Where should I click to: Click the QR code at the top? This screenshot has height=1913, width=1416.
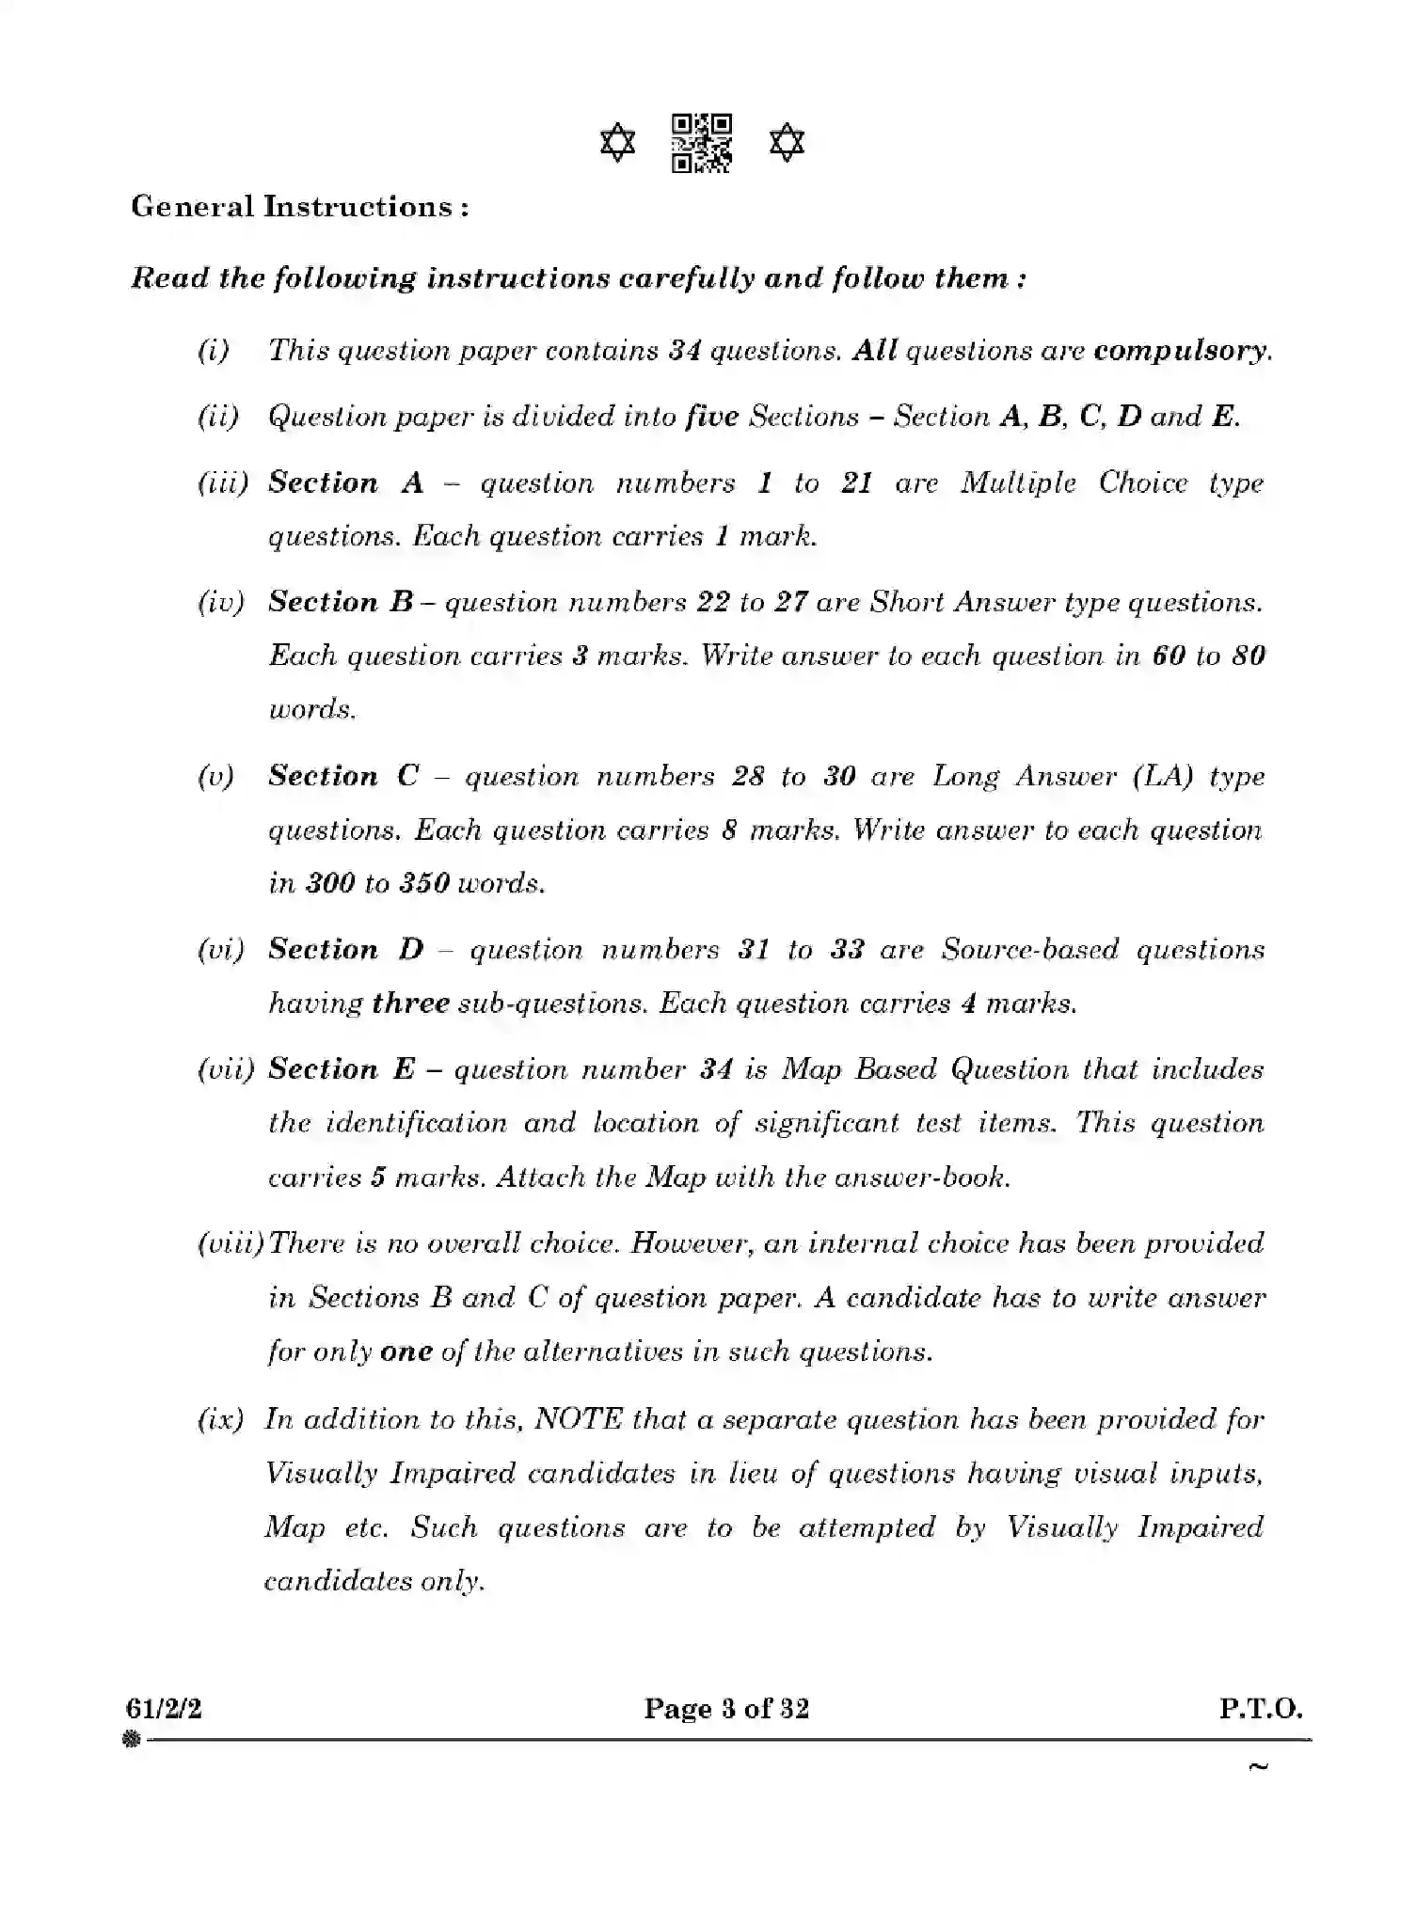pyautogui.click(x=702, y=143)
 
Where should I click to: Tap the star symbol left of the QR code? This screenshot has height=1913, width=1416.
pyautogui.click(x=617, y=144)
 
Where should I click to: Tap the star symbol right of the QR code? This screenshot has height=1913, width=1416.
pyautogui.click(x=787, y=144)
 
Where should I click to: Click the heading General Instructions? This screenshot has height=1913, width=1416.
pyautogui.click(x=299, y=207)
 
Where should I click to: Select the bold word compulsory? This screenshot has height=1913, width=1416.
pyautogui.click(x=1182, y=351)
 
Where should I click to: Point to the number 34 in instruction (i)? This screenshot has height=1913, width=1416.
pyautogui.click(x=685, y=351)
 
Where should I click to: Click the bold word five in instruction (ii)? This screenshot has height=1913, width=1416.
pyautogui.click(x=711, y=417)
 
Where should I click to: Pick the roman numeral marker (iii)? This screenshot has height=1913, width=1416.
pyautogui.click(x=223, y=483)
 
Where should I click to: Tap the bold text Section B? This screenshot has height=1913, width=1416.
pyautogui.click(x=341, y=602)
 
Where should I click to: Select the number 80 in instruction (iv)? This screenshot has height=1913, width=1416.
pyautogui.click(x=1248, y=656)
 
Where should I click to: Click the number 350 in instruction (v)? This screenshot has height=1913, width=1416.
pyautogui.click(x=424, y=884)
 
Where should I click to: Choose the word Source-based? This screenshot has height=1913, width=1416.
pyautogui.click(x=1029, y=950)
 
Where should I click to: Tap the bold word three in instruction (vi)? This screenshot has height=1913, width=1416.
pyautogui.click(x=410, y=1004)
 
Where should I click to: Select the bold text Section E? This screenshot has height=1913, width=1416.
pyautogui.click(x=341, y=1069)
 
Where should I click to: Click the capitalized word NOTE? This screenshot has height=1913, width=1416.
pyautogui.click(x=578, y=1419)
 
